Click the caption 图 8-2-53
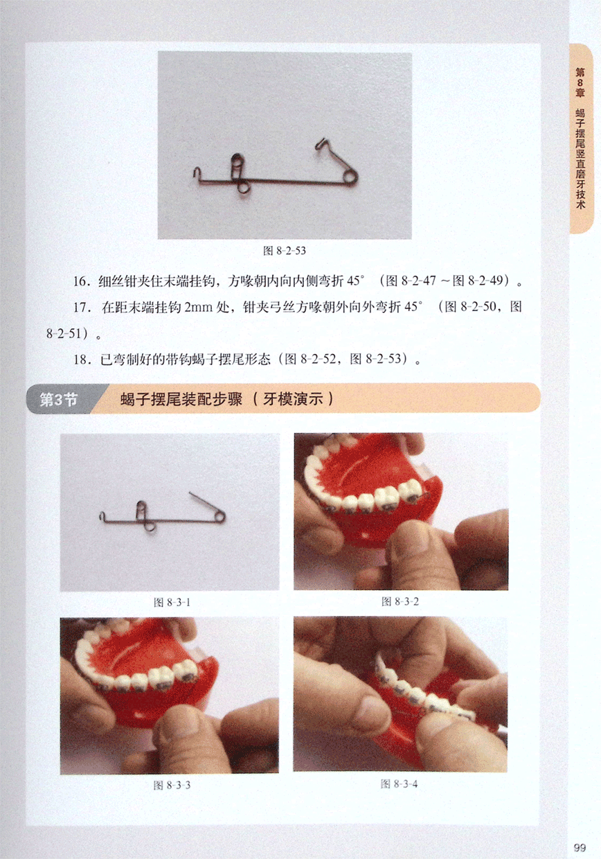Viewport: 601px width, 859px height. [285, 251]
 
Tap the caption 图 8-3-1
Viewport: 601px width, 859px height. [171, 603]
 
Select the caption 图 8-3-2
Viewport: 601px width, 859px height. [400, 601]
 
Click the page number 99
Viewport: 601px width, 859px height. [580, 847]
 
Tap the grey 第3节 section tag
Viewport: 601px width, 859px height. [59, 400]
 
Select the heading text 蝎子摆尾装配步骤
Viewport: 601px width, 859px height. [181, 399]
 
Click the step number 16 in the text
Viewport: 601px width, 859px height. [80, 281]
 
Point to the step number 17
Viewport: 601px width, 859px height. [80, 308]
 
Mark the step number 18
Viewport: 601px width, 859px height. [80, 360]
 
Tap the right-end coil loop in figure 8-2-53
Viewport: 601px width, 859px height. [350, 177]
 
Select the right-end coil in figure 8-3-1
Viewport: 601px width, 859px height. [220, 517]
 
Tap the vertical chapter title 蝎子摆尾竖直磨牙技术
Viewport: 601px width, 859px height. [580, 159]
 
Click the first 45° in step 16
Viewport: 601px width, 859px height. [355, 281]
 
